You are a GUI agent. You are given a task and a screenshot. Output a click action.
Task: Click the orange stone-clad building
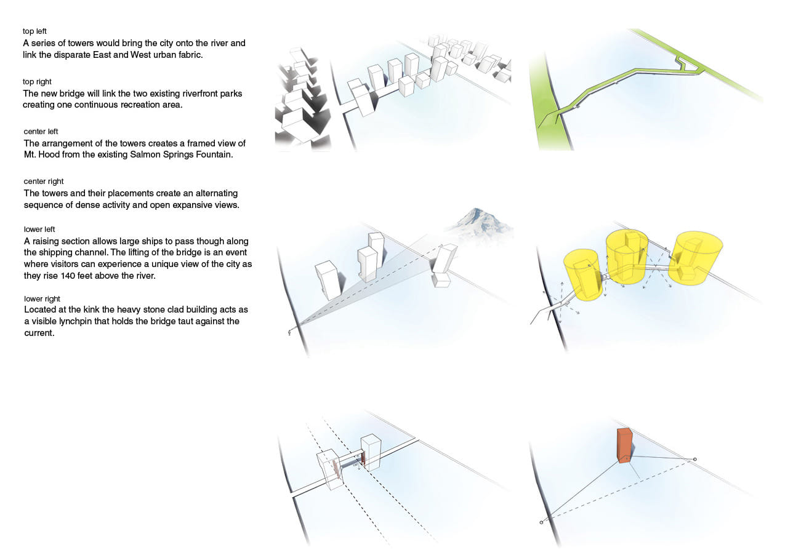pos(624,445)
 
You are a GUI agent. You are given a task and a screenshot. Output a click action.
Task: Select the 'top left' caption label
pos(34,31)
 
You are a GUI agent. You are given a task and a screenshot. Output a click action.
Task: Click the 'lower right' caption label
pos(42,298)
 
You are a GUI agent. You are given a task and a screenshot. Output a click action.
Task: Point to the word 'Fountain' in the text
pos(214,154)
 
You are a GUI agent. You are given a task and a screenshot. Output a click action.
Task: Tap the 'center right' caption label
pos(44,182)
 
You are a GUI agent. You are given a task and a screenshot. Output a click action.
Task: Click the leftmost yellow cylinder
pos(582,275)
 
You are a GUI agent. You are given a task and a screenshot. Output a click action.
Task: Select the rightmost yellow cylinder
pos(695,257)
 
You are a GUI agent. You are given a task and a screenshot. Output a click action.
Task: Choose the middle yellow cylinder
pos(627,257)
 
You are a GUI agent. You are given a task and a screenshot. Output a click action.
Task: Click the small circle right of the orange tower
pos(695,459)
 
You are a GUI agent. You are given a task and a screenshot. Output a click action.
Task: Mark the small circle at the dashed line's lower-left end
pos(541,522)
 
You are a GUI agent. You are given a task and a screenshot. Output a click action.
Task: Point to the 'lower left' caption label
pos(39,230)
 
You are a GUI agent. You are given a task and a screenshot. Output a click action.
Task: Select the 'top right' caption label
pos(37,82)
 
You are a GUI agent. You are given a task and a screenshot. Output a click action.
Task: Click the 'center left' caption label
pos(41,132)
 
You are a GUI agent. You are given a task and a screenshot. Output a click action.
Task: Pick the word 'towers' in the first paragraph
pos(81,43)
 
